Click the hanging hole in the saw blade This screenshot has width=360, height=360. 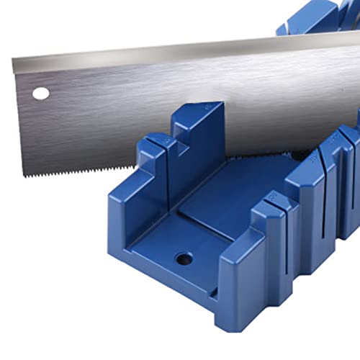(41, 93)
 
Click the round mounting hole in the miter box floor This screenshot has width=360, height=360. (184, 258)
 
